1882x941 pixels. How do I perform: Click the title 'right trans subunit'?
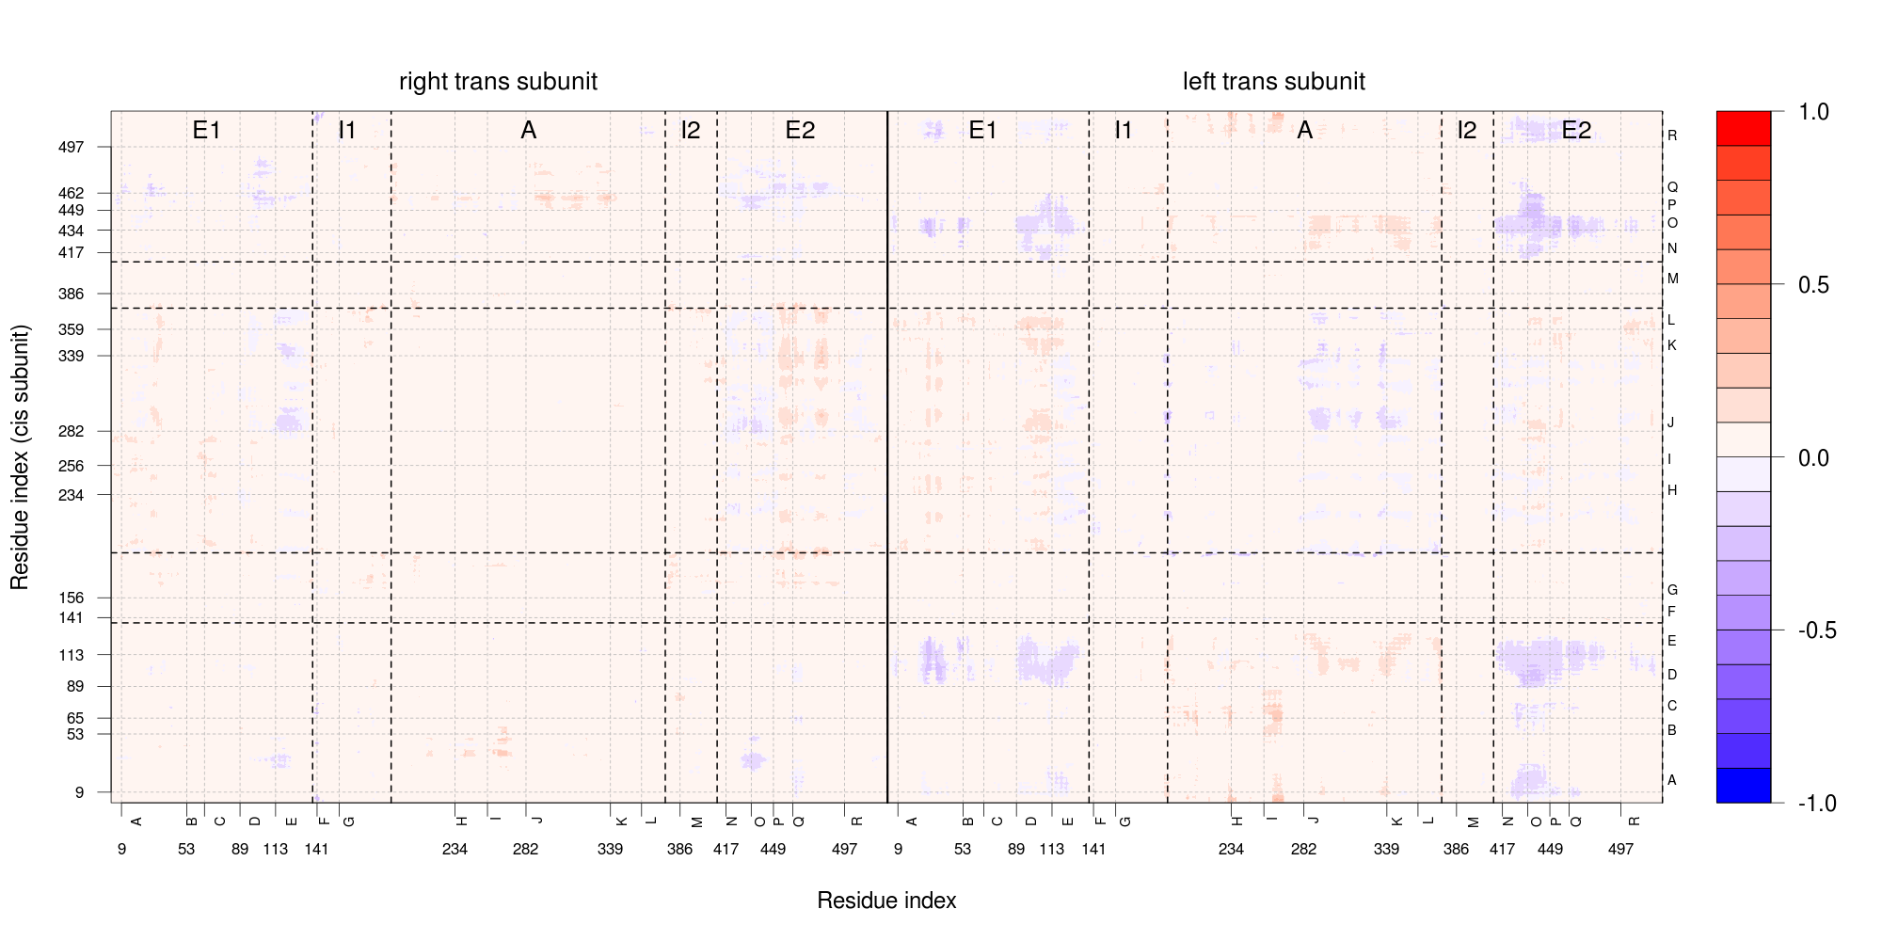pos(498,82)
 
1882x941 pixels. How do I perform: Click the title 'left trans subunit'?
pos(1274,82)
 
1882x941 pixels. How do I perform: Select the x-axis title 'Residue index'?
pos(886,901)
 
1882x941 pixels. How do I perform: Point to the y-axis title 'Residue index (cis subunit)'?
pos(20,457)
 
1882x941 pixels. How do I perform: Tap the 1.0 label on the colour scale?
pos(1813,112)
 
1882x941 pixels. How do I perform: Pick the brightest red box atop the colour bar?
pos(1744,128)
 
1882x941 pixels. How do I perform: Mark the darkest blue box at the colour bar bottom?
pos(1744,786)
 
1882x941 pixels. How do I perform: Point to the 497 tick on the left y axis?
pos(72,147)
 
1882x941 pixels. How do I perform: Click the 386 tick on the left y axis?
pos(72,294)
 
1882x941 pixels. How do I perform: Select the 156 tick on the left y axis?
pos(72,598)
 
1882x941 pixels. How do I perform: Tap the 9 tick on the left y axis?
pos(79,792)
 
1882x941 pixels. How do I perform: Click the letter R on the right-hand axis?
pos(1672,136)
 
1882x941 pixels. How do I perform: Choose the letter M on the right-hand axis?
pos(1672,279)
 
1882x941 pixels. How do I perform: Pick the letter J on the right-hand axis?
pos(1671,422)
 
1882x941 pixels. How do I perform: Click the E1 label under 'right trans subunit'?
pos(206,130)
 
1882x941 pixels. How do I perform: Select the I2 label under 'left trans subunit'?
pos(1467,130)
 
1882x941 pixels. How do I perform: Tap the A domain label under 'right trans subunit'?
pos(528,130)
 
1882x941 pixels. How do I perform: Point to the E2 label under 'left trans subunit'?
pos(1576,130)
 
